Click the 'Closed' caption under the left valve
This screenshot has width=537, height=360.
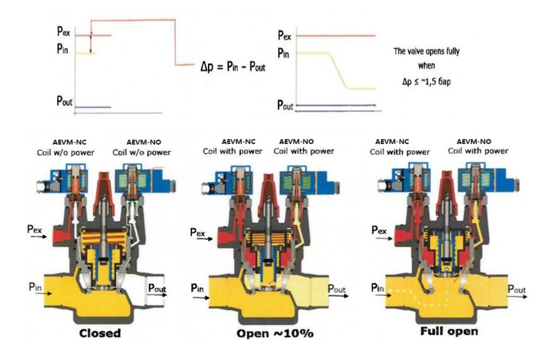pos(100,333)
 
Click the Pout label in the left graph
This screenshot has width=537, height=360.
pos(65,101)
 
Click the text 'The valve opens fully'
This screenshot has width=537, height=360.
pos(426,51)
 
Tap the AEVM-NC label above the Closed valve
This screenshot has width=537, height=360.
pos(72,143)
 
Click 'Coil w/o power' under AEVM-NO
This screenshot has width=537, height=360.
pos(142,152)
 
